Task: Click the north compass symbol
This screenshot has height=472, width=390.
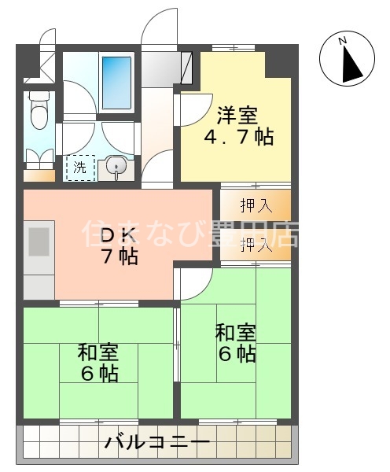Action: point(346,60)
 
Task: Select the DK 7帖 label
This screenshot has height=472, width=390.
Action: point(120,245)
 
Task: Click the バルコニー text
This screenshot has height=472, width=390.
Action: point(157,443)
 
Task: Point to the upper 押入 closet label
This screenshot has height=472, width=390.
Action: point(256,207)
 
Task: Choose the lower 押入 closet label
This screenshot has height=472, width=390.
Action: point(256,245)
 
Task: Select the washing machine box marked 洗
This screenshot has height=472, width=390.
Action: point(80,167)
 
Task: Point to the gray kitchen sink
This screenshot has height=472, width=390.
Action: point(39,242)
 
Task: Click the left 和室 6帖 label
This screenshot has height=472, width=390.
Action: point(98,362)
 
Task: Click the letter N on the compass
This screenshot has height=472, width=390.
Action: point(342,41)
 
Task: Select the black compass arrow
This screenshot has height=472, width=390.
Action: point(351,63)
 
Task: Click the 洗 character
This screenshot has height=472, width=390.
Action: point(80,167)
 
